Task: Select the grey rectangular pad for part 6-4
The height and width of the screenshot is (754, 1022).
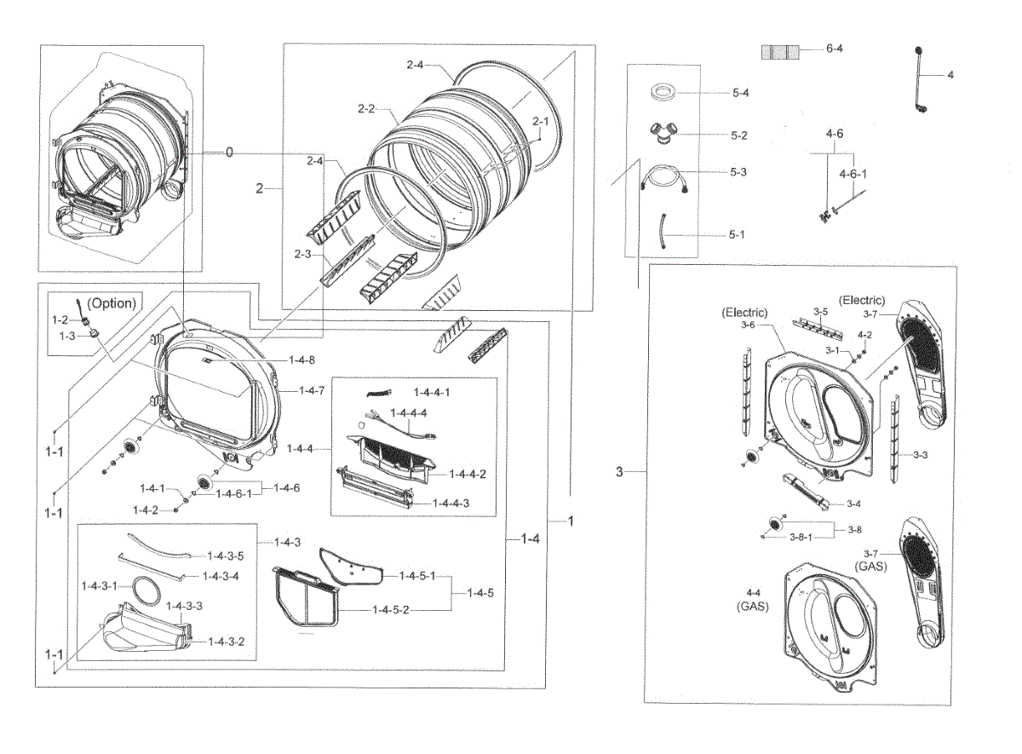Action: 780,51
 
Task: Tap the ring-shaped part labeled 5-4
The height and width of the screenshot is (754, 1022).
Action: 665,91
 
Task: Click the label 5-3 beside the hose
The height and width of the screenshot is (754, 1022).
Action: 738,171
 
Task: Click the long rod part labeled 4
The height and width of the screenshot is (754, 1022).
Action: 920,81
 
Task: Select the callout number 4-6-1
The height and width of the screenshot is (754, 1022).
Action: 853,174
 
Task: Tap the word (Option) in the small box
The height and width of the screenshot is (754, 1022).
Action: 112,302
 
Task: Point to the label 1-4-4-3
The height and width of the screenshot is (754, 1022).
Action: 450,504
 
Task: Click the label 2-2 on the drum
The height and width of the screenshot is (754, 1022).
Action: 367,109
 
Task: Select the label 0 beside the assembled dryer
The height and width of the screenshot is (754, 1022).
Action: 229,152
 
